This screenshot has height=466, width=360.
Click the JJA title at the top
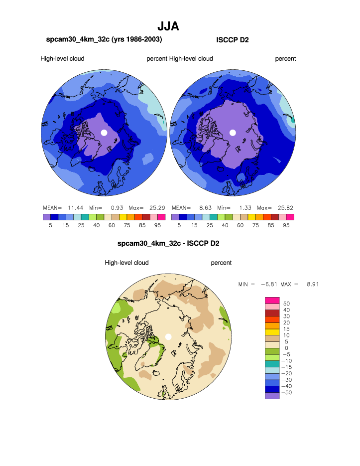[x=168, y=26]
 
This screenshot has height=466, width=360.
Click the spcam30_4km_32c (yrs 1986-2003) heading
[x=104, y=39]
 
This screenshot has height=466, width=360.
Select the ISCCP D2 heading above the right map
[x=233, y=39]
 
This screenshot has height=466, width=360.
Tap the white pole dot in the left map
[x=104, y=132]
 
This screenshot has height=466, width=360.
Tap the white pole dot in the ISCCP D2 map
[x=233, y=132]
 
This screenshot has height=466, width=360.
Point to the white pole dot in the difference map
[x=168, y=336]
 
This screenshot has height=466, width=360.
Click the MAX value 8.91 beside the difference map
[x=312, y=284]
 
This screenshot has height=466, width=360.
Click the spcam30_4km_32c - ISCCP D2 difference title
[x=168, y=244]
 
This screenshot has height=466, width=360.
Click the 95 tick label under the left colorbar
[x=158, y=225]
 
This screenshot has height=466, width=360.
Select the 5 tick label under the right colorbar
[x=179, y=225]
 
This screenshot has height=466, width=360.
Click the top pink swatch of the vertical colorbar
[x=272, y=300]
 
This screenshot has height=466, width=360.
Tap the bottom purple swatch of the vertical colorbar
[x=272, y=396]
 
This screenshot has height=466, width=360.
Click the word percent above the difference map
[x=221, y=263]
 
